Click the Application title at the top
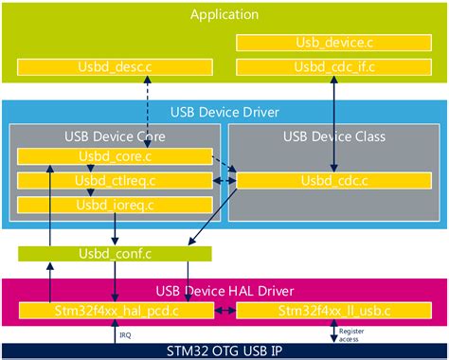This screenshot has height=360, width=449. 224,13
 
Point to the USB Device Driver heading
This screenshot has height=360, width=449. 224,113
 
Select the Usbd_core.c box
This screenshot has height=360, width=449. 115,156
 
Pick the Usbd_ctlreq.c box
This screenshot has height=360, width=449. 115,180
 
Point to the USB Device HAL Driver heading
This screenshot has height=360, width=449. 224,288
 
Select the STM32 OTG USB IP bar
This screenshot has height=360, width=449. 224,351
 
